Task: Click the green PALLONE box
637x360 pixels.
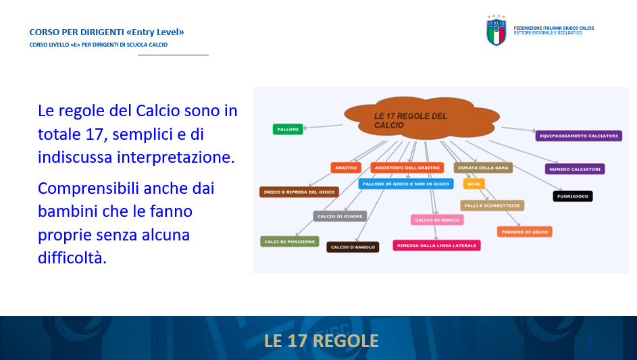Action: tap(288, 129)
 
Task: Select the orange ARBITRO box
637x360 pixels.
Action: tap(346, 168)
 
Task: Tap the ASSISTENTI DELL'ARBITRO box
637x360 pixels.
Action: tap(407, 168)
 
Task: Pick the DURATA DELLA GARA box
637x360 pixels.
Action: tap(483, 168)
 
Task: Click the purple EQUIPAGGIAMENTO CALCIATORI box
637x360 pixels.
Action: tap(578, 136)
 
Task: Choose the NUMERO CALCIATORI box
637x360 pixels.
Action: tap(575, 169)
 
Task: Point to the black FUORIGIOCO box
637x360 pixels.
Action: tap(573, 197)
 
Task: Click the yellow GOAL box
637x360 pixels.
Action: tap(474, 184)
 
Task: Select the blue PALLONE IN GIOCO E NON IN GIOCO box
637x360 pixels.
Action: tap(406, 184)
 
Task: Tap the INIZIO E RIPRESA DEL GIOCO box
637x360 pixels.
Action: tap(299, 192)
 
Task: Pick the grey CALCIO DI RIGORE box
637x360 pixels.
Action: tap(340, 216)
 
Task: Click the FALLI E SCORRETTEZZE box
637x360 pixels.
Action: tap(492, 205)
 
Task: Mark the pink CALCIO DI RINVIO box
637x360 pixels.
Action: tap(437, 220)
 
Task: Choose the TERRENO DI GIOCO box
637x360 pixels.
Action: tap(524, 232)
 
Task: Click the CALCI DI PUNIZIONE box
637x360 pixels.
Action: tap(290, 241)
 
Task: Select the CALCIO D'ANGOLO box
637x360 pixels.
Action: tap(353, 247)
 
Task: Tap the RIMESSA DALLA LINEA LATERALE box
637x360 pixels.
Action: tap(437, 245)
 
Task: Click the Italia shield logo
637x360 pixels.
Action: tap(496, 30)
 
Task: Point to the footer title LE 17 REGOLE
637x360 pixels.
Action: tap(322, 341)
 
